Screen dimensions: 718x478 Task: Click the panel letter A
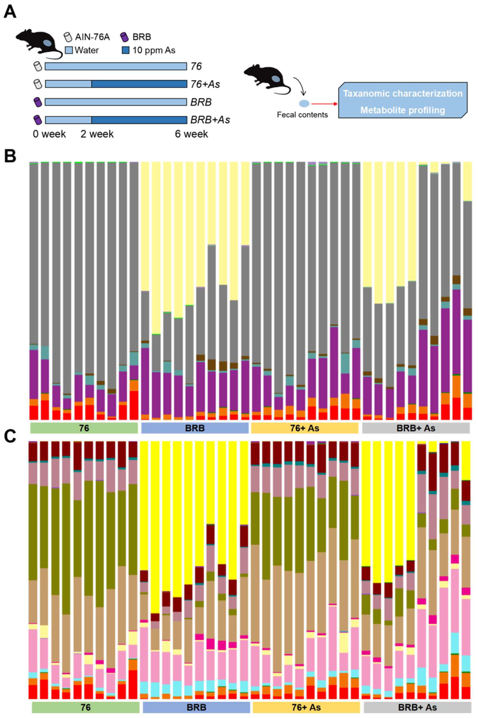coord(10,13)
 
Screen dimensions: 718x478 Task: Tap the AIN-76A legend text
coord(92,37)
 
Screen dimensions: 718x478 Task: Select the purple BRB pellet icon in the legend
coord(125,37)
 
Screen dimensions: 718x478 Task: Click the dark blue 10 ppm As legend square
coord(126,50)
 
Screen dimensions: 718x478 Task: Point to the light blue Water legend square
coord(69,50)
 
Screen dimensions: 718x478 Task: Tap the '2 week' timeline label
coord(97,134)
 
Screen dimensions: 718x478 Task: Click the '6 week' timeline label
coord(191,134)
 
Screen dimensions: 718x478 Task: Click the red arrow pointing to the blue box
coord(324,104)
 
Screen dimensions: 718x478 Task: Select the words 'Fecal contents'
coord(302,115)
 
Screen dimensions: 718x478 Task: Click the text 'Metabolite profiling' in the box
coord(402,110)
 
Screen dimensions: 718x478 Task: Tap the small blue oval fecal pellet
coord(304,104)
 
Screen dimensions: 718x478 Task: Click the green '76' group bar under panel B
coord(84,428)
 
